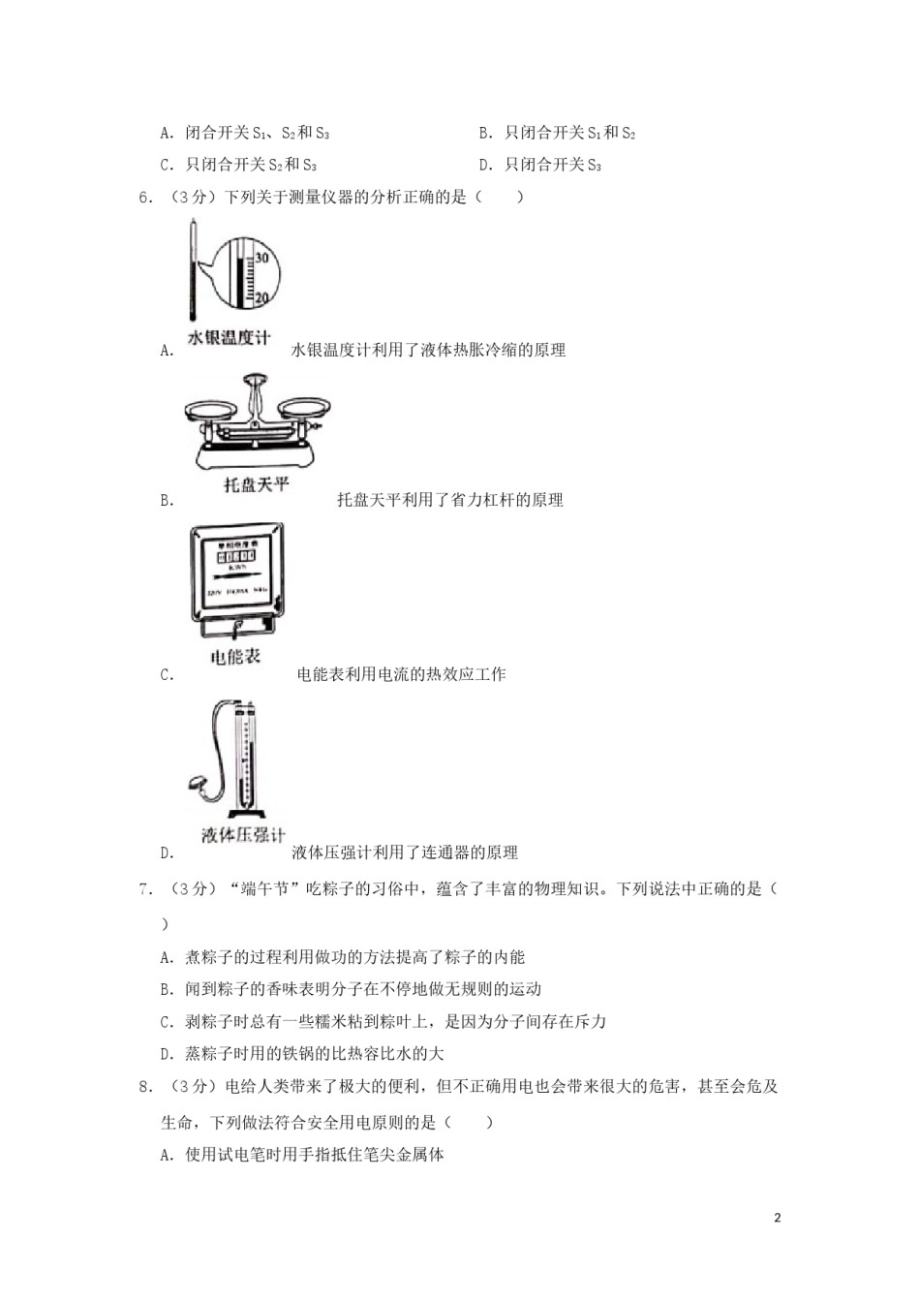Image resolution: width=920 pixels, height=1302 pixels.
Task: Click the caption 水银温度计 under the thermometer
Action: tap(229, 338)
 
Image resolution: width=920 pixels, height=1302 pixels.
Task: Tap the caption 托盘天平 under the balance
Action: tap(257, 483)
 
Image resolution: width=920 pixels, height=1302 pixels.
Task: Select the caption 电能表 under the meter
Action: tap(235, 657)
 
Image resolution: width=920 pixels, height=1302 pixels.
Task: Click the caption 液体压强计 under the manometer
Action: tap(243, 835)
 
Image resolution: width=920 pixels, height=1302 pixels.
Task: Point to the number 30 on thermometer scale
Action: tap(261, 258)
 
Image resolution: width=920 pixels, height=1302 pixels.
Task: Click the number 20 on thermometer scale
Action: tap(261, 298)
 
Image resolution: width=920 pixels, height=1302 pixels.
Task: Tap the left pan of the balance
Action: tap(210, 408)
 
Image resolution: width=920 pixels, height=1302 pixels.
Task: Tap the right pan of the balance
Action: tap(301, 406)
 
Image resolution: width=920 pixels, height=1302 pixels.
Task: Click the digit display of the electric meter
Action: tap(237, 557)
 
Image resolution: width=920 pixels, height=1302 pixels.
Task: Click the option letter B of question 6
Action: tap(167, 501)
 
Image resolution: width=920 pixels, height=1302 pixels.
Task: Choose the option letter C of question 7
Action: tap(167, 1022)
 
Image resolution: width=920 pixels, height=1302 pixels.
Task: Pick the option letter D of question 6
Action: tap(167, 853)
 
